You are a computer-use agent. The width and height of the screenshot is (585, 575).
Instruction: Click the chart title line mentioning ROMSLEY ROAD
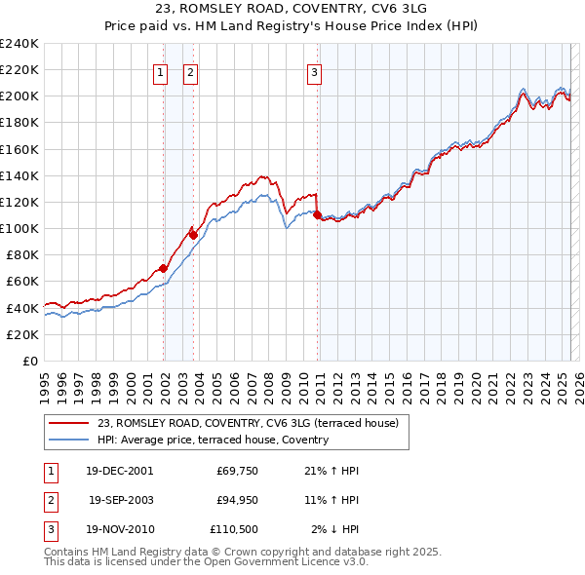click(292, 9)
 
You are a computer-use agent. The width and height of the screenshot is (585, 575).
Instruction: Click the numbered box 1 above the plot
click(159, 70)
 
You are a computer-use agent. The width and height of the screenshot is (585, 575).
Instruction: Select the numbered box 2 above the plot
click(190, 70)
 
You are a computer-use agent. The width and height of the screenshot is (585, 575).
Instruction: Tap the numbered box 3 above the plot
click(314, 70)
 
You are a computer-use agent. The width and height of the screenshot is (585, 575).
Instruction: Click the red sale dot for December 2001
click(163, 268)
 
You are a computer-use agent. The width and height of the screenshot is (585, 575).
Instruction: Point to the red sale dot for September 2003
click(193, 235)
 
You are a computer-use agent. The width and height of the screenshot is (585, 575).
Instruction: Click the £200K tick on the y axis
click(19, 96)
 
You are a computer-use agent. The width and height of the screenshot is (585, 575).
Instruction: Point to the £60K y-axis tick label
click(22, 281)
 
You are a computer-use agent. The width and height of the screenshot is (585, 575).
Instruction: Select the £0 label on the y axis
click(29, 361)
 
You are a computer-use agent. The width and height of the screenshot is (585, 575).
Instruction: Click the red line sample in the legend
click(68, 423)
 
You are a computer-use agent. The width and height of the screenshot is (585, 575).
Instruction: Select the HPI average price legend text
click(213, 440)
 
